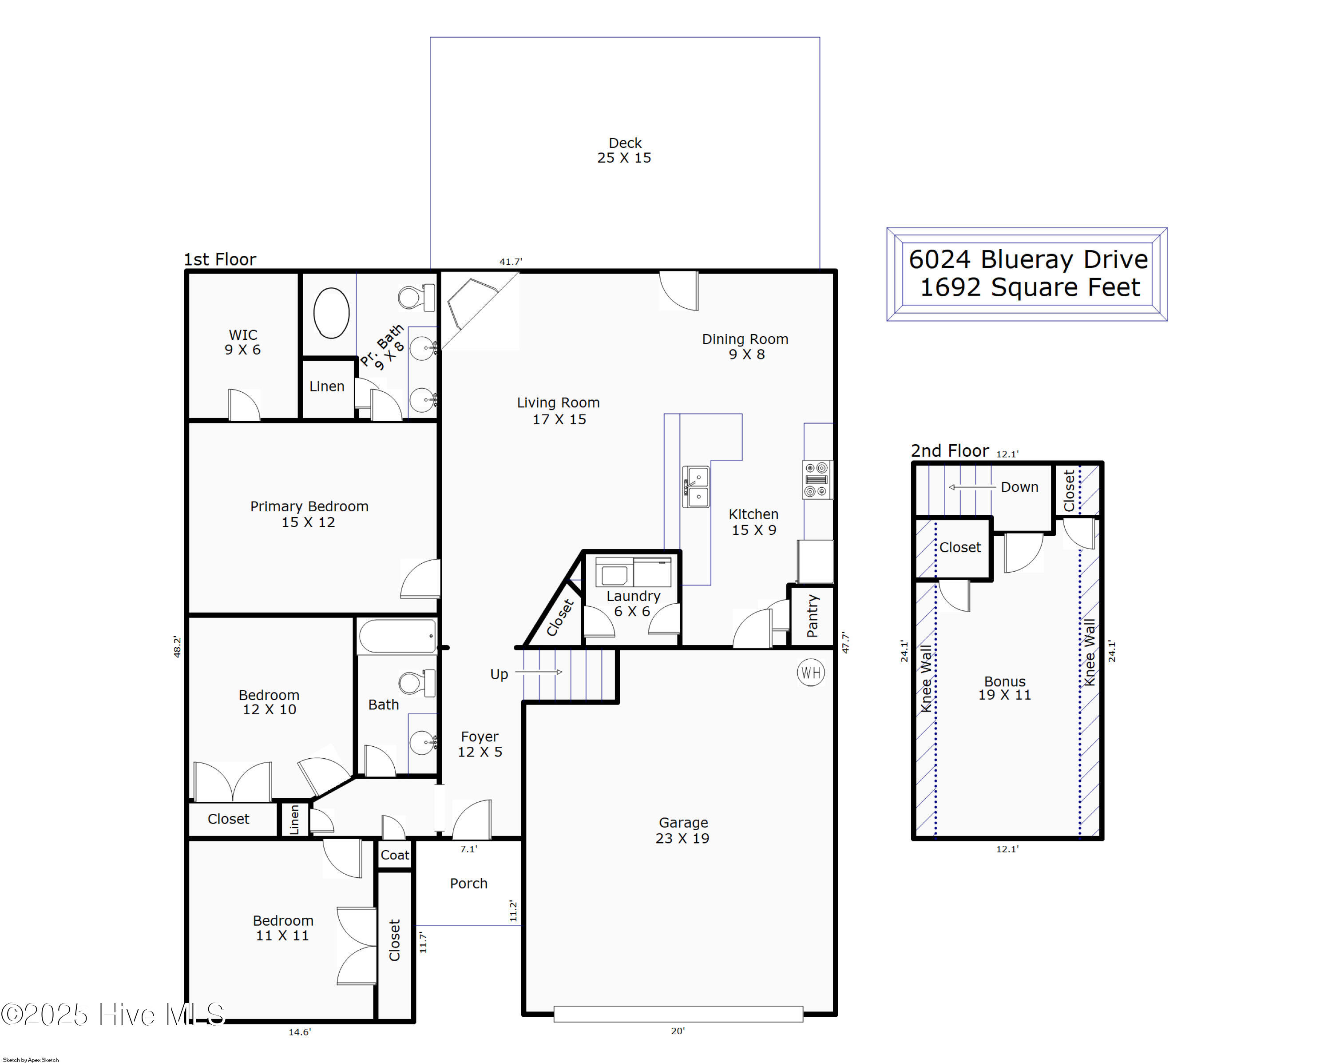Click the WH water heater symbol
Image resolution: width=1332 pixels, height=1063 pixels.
811,673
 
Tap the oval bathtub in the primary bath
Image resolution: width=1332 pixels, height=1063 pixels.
331,313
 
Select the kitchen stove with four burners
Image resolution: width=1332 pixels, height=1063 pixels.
817,480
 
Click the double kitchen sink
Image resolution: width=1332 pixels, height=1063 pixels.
696,487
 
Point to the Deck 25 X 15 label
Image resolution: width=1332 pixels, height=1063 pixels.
624,150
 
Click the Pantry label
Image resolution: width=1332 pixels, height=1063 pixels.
813,616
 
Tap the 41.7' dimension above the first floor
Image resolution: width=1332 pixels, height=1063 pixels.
511,262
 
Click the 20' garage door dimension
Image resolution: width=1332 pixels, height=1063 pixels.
678,1031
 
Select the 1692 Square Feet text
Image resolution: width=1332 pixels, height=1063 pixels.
1030,287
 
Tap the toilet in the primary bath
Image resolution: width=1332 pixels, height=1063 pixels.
417,298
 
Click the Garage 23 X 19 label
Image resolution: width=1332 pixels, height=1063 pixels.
683,830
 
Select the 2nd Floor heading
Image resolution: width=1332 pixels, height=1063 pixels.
950,450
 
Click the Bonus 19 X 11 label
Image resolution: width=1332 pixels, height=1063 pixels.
1005,688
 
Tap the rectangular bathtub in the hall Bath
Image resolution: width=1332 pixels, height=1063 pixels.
398,636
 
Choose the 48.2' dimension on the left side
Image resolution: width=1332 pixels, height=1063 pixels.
177,646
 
